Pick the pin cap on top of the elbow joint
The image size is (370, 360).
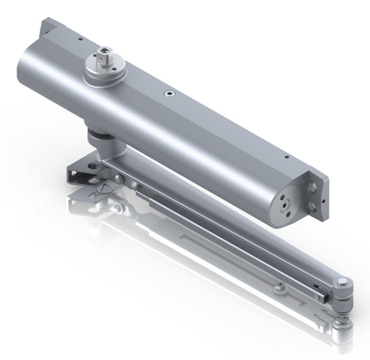click(342, 282)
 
